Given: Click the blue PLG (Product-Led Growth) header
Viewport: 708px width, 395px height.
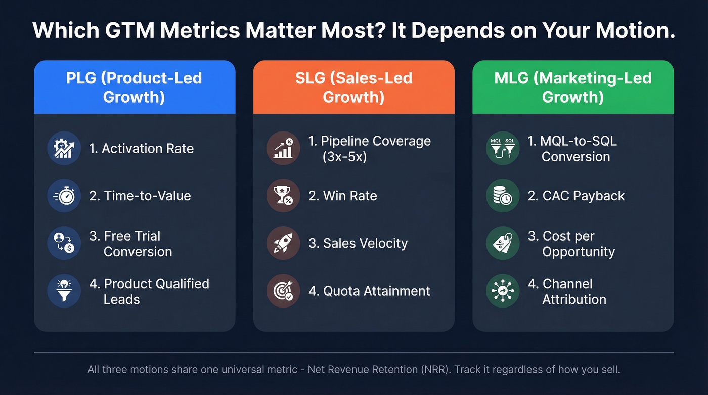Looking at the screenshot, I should click(135, 87).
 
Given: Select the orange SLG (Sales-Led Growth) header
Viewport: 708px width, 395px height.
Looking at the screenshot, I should click(353, 87).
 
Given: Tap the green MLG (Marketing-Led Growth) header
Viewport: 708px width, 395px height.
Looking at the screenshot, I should click(572, 87).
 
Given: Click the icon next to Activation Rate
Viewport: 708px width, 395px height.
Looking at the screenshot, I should click(64, 148).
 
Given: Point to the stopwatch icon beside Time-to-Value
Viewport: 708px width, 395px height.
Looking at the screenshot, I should click(64, 196).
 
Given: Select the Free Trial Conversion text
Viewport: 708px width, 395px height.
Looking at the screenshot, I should click(131, 244).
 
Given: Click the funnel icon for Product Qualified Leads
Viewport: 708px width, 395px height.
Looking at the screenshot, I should click(64, 291).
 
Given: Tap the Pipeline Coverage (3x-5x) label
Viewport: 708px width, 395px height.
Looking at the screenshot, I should click(370, 149).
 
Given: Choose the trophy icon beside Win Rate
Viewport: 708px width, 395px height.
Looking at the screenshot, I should click(283, 196).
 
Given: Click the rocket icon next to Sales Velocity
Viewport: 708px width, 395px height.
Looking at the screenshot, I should click(283, 243).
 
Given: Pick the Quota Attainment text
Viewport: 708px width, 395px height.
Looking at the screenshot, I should click(370, 291).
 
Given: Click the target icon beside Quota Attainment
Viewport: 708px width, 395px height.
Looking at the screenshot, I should click(283, 291).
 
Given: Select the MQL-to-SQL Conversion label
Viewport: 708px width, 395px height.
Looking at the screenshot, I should click(572, 149).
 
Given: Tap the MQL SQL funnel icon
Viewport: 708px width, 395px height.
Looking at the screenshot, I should click(502, 148).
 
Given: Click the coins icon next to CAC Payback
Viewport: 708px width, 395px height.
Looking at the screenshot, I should click(502, 196).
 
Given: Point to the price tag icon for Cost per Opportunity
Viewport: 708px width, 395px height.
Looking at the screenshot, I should click(502, 243).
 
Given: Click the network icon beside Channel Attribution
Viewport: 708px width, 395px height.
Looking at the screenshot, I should click(502, 291).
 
